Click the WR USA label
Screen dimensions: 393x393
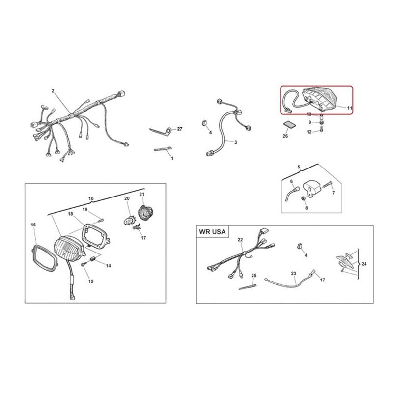(x=212, y=231)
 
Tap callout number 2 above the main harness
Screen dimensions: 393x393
(x=53, y=91)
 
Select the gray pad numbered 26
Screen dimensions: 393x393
(x=289, y=125)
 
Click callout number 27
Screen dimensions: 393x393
(x=180, y=129)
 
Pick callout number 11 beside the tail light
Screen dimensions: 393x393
(x=350, y=108)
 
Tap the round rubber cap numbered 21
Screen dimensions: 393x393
(x=145, y=213)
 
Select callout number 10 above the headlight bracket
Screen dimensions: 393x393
(x=91, y=199)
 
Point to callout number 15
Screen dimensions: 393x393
(x=91, y=281)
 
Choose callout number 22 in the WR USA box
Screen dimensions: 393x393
(x=240, y=240)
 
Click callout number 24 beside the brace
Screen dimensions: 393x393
(x=364, y=264)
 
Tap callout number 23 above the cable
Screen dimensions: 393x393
(x=293, y=273)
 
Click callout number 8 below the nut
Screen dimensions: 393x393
(x=306, y=208)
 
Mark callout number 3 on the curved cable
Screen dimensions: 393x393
(x=236, y=142)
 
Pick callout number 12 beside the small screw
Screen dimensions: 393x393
(x=309, y=132)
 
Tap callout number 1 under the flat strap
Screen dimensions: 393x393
(x=172, y=158)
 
